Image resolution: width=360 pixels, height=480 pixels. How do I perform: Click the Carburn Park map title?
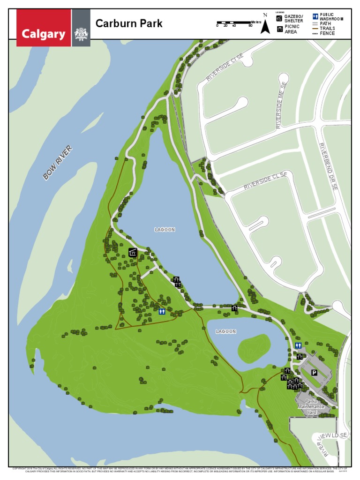pos(129,23)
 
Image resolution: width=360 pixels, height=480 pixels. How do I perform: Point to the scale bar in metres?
pos(234,22)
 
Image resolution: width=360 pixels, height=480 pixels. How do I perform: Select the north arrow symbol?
pos(265,25)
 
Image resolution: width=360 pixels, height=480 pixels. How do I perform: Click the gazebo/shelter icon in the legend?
pos(279,18)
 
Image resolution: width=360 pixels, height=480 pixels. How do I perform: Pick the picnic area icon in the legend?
pos(279,29)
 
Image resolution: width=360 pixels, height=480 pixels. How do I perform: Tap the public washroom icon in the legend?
pos(315,16)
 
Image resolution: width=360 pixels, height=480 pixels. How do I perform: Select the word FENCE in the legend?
pos(328,34)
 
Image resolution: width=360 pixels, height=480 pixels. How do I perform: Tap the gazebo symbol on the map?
pos(133,253)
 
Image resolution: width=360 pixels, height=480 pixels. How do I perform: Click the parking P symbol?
pos(314,373)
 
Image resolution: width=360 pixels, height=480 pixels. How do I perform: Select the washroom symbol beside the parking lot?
pos(298,345)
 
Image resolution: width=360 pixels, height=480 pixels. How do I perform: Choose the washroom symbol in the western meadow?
pos(162,311)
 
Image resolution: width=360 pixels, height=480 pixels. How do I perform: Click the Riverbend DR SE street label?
pos(328,166)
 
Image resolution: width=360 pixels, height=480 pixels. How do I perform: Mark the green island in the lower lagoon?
pos(253,348)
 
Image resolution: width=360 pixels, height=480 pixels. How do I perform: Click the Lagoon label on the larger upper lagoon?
pos(165,230)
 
